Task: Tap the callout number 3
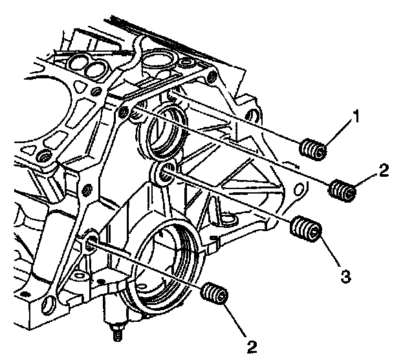[x=345, y=276]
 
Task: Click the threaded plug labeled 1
[x=314, y=150]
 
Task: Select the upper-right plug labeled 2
[x=342, y=190]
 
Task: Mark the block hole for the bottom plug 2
[x=91, y=243]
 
